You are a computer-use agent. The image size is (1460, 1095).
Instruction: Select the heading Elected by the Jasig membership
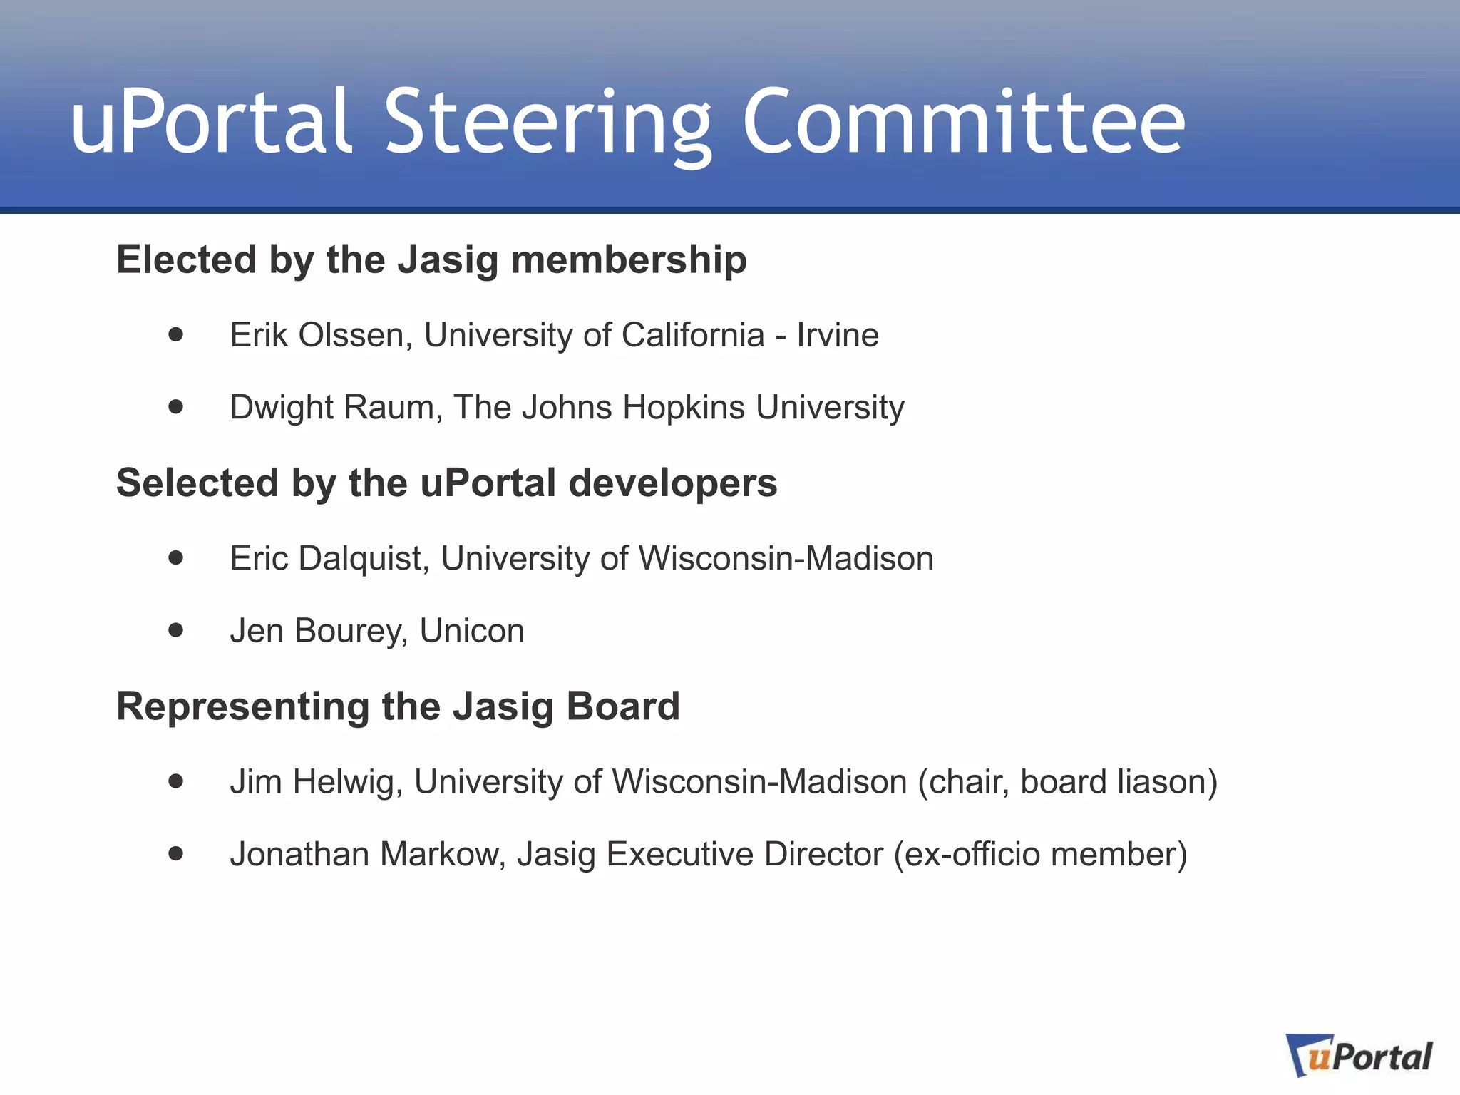tap(431, 259)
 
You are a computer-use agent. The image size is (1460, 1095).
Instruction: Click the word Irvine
tap(838, 335)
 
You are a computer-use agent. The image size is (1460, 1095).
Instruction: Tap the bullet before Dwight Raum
tap(176, 407)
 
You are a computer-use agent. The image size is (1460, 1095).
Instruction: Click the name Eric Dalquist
tap(329, 559)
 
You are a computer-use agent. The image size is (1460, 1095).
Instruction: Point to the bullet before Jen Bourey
tap(176, 630)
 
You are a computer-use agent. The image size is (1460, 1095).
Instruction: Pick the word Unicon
tap(472, 631)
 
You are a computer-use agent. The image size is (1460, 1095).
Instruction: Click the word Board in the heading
tap(623, 706)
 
